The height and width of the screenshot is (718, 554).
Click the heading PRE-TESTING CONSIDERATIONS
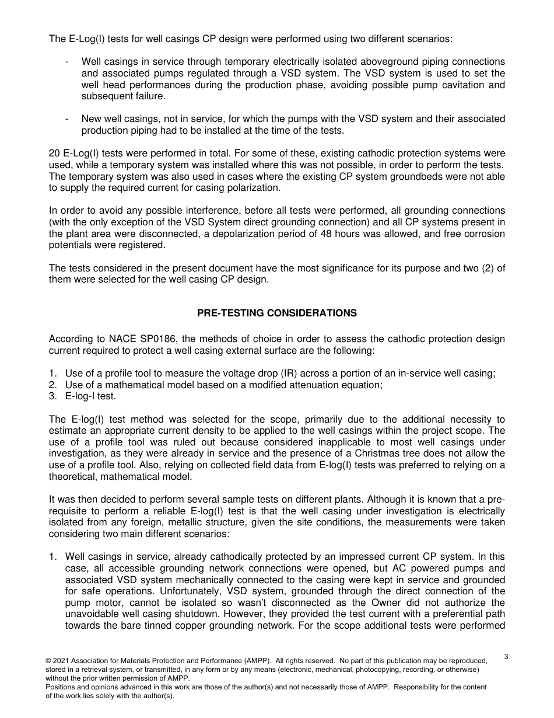point(276,313)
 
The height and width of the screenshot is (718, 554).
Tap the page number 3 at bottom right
point(506,657)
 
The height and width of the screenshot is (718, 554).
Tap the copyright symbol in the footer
point(49,661)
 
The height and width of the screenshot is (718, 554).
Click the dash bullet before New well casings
point(68,118)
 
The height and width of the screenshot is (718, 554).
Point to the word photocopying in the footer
point(376,670)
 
